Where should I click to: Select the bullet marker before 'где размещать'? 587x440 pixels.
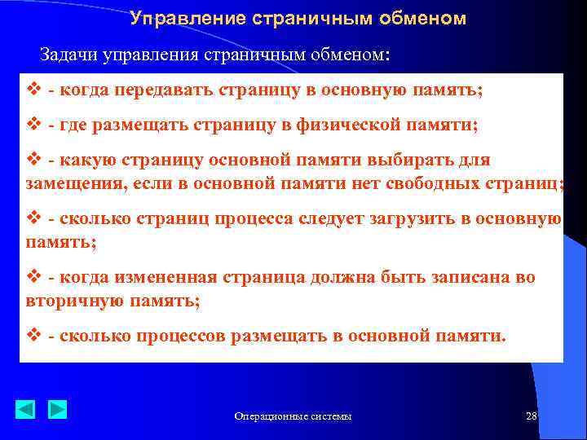pos(33,126)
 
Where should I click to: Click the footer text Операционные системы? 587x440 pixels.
pos(293,416)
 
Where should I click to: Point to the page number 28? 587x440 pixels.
pos(531,416)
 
